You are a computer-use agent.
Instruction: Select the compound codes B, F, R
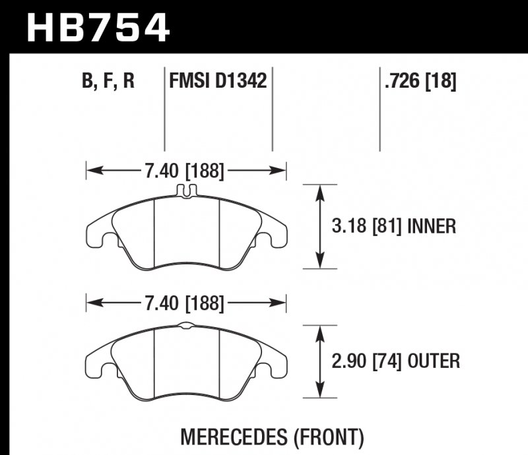pos(109,82)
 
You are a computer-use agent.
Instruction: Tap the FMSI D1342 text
pos(218,82)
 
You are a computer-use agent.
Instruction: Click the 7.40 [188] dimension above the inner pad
pos(184,173)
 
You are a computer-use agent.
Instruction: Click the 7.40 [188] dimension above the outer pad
pos(184,305)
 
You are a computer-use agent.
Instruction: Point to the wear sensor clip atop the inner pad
pos(186,191)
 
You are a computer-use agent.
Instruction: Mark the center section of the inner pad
pos(186,231)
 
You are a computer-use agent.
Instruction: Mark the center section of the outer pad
pos(186,363)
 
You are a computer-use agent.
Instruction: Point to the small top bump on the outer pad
pos(186,324)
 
